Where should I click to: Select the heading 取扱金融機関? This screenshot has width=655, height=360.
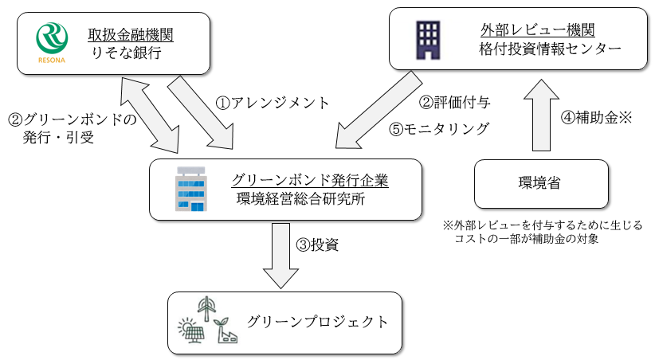click(131, 34)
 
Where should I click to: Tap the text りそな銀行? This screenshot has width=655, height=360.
click(125, 55)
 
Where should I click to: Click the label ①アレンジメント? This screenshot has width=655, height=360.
click(273, 103)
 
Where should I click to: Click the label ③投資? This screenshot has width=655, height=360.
click(317, 245)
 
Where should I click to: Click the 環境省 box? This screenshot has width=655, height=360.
click(541, 182)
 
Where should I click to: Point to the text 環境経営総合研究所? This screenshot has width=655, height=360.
click(300, 200)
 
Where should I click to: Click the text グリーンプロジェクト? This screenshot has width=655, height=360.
click(317, 323)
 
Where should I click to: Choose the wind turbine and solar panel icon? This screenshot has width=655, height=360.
click(207, 321)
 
